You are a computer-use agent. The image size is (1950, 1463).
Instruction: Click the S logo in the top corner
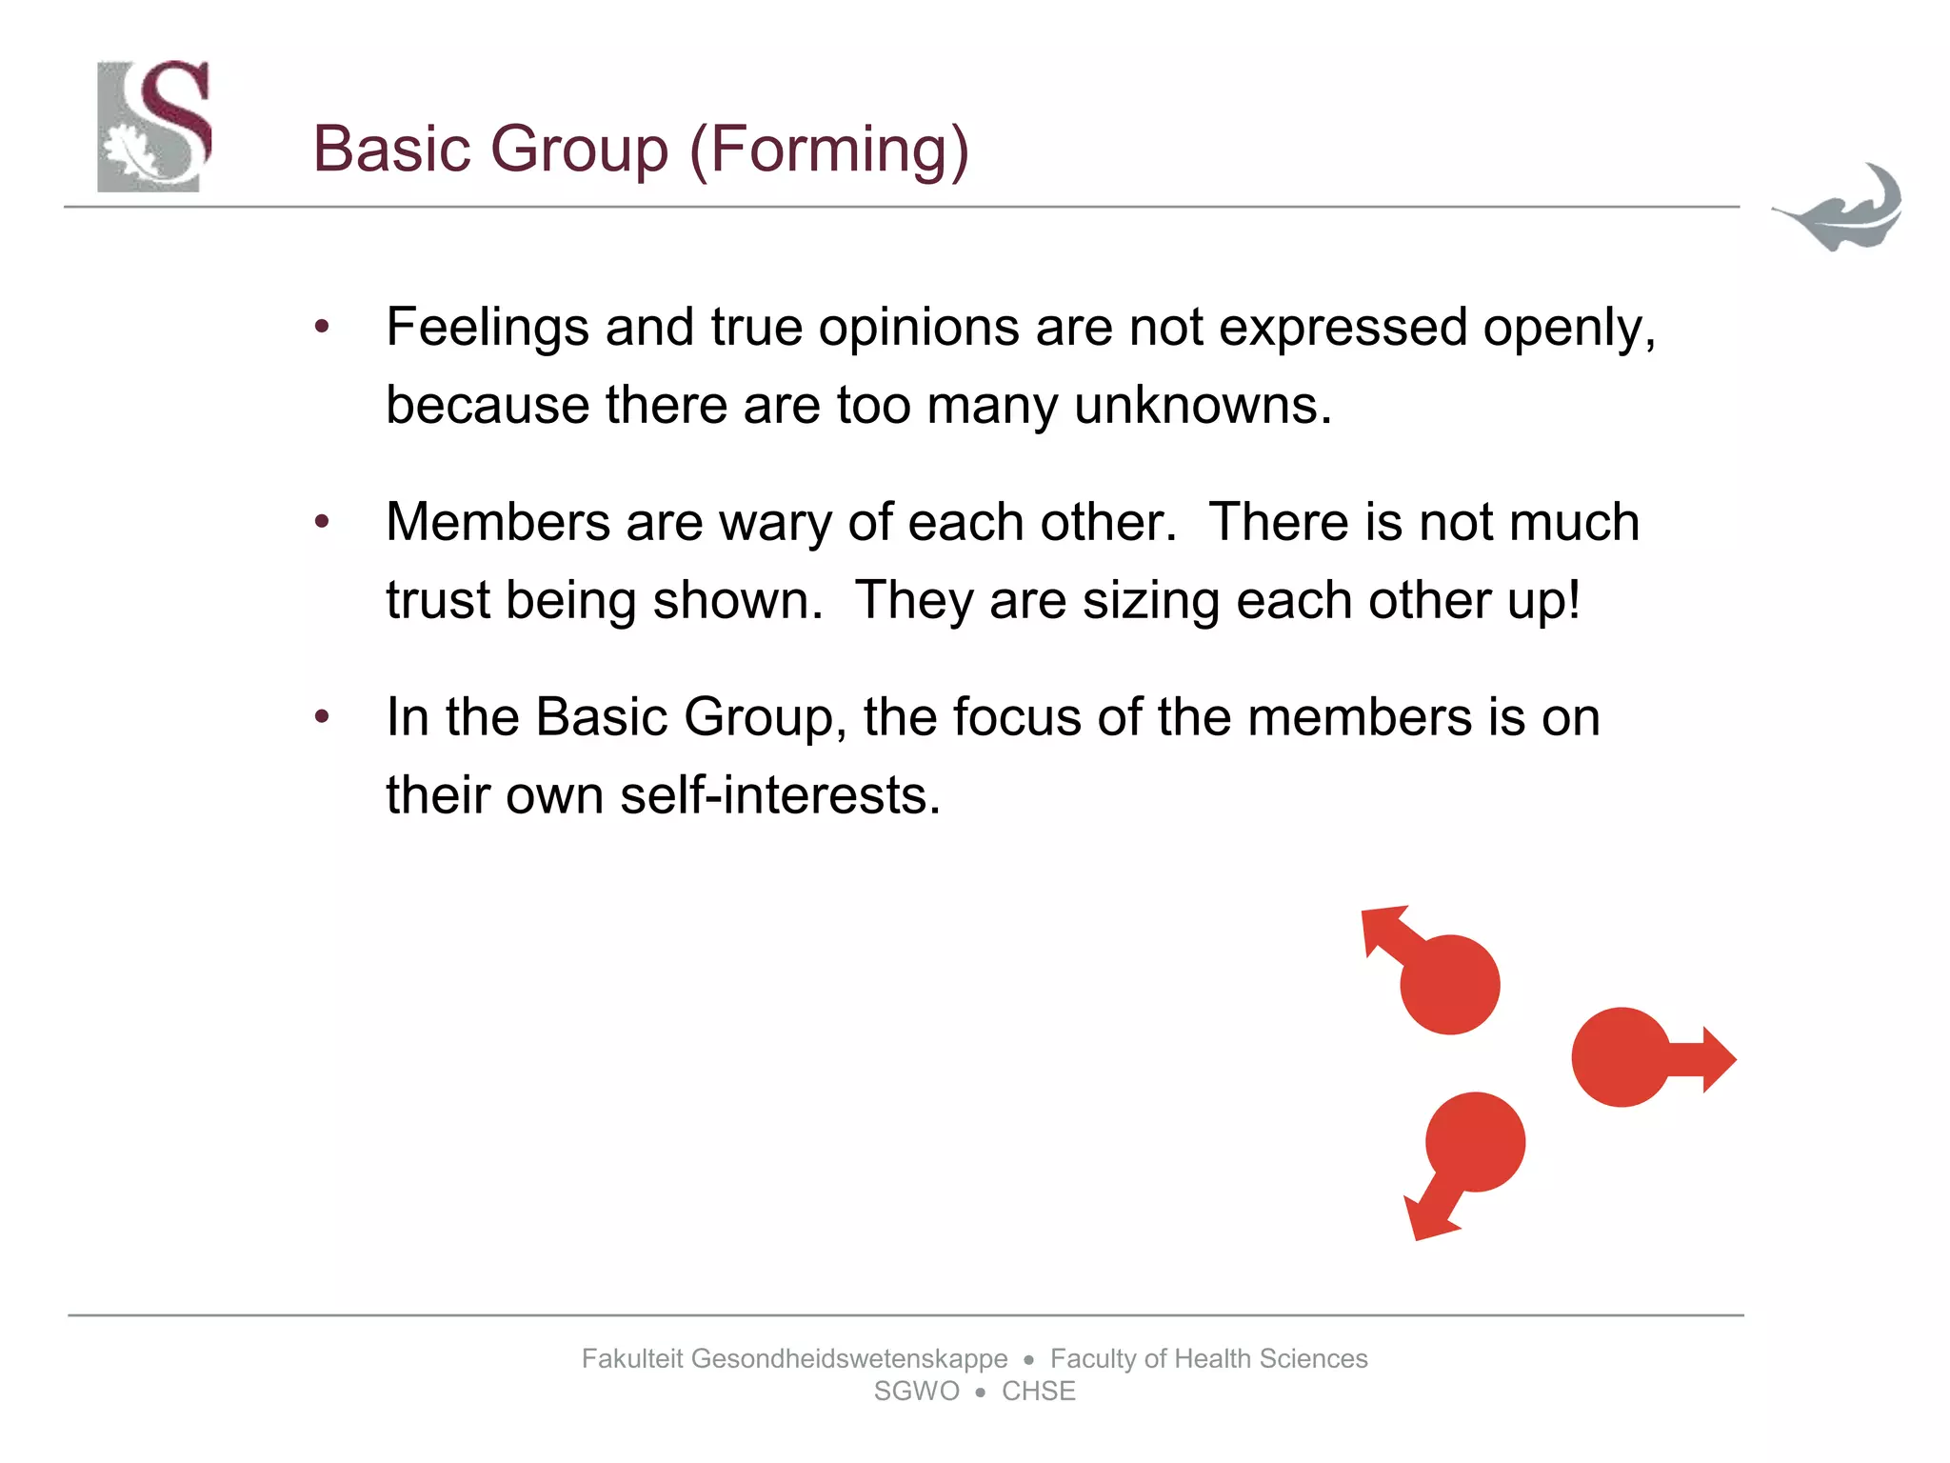pyautogui.click(x=154, y=126)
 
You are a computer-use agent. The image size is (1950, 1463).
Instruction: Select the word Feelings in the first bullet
pyautogui.click(x=487, y=329)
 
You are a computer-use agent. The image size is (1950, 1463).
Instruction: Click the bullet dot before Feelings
pyautogui.click(x=322, y=328)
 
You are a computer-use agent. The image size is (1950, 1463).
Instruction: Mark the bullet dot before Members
pyautogui.click(x=322, y=522)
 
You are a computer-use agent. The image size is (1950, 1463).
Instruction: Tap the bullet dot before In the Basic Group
pyautogui.click(x=322, y=716)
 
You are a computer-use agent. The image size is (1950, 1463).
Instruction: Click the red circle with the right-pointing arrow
pyautogui.click(x=1621, y=1057)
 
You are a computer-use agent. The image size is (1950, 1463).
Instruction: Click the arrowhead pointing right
pyautogui.click(x=1716, y=1058)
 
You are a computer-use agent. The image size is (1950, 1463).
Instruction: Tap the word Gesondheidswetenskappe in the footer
pyautogui.click(x=848, y=1358)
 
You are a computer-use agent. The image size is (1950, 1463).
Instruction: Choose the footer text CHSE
pyautogui.click(x=1038, y=1392)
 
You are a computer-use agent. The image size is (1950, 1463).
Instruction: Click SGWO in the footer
pyautogui.click(x=916, y=1392)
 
